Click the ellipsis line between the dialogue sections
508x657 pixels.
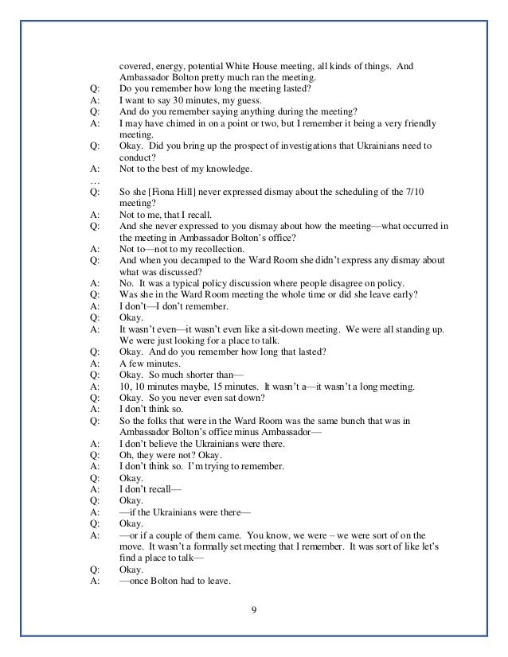(96, 181)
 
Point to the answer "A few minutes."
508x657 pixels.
(150, 363)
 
